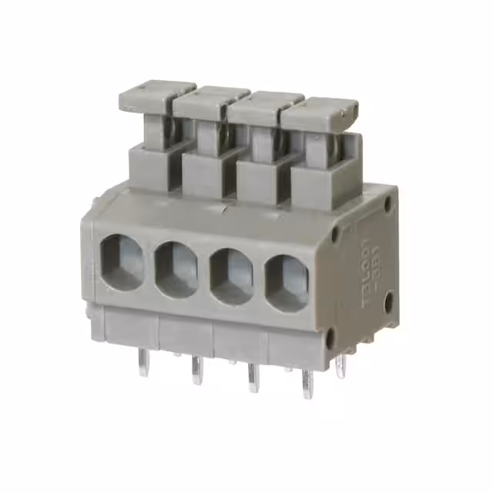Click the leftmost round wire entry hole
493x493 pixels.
pos(122,262)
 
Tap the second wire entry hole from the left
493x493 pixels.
pos(177,269)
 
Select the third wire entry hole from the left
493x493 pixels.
pos(232,276)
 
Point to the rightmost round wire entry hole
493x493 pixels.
pos(287,280)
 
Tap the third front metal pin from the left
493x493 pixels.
pos(253,377)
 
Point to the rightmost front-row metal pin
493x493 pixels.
pos(307,384)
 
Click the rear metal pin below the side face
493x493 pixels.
pos(341,365)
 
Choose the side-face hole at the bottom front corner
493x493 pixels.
pos(330,337)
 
